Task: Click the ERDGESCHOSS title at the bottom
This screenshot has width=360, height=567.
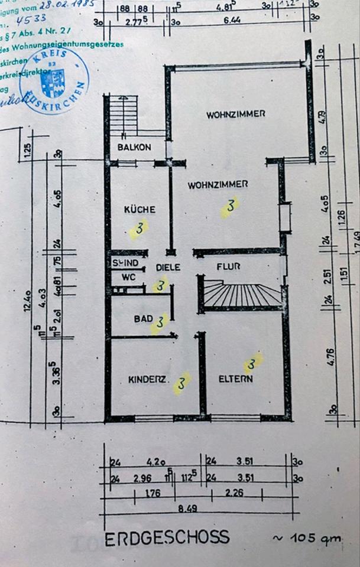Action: coord(167,537)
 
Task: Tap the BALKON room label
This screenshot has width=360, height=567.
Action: coord(134,148)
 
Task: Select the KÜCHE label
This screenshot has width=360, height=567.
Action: coord(140,209)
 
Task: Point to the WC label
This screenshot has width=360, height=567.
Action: coord(129,276)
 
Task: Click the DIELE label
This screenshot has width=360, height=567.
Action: coord(168,267)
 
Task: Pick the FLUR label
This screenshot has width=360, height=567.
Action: coord(228,266)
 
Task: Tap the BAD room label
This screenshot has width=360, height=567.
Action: coord(144,319)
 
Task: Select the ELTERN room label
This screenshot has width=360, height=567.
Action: coord(236,379)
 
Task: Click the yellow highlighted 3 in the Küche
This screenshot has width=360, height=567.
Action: coord(139,229)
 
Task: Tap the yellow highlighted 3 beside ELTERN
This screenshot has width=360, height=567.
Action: coord(253,363)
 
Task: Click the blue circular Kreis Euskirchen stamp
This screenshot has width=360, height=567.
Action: coord(54,80)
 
